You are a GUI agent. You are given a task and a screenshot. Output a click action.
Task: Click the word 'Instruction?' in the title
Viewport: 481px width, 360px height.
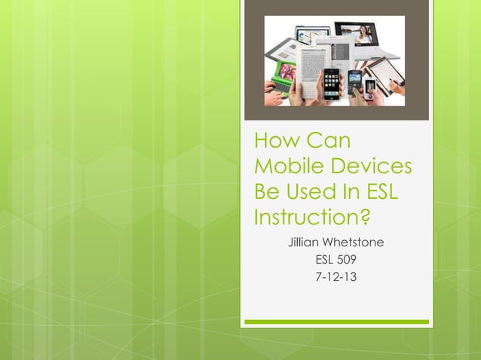(x=312, y=218)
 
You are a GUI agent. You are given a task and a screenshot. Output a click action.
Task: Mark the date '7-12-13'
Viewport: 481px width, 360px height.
(x=335, y=277)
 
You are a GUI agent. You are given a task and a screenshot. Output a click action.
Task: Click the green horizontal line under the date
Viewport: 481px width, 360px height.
(x=335, y=322)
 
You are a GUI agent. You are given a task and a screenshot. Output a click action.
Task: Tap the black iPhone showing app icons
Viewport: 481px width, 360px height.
(x=332, y=84)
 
